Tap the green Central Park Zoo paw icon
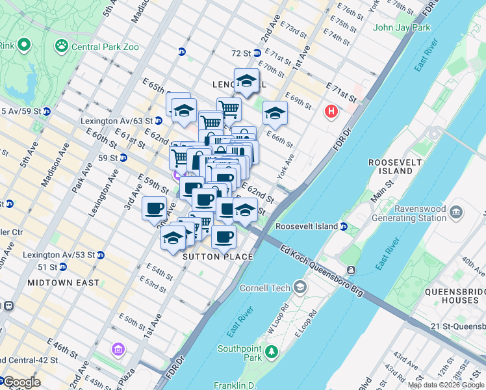tap(62, 46)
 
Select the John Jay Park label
tap(402, 28)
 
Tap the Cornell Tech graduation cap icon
tap(300, 287)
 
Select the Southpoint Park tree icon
tap(271, 354)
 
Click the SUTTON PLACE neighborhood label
tap(218, 257)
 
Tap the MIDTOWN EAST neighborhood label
tap(64, 283)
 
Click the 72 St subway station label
tap(241, 53)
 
